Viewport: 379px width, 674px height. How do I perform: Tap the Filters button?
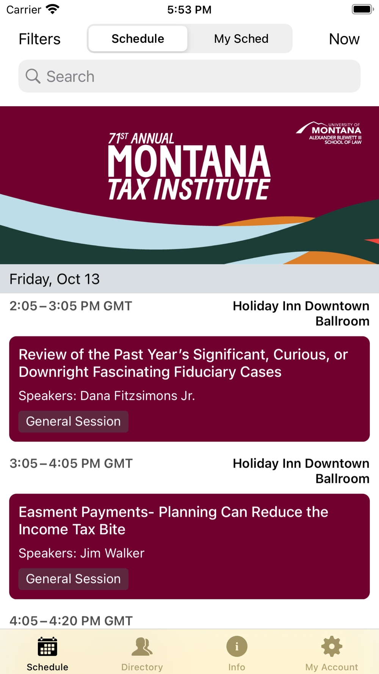coord(39,39)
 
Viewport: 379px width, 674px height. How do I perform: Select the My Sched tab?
coord(241,39)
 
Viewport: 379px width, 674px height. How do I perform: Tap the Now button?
coord(344,39)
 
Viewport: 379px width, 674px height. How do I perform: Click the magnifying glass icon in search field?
coord(33,76)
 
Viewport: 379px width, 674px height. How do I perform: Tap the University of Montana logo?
coord(329,133)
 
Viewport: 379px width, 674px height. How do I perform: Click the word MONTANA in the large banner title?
coord(189,161)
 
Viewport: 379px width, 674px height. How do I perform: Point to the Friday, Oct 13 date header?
coord(55,279)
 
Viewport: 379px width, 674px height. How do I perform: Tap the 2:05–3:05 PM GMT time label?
coord(71,306)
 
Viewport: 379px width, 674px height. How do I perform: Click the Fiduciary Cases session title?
coord(183,363)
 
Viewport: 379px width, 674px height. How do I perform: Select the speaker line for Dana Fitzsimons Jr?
coord(107,396)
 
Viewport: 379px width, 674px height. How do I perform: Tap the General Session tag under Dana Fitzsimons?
coord(74,422)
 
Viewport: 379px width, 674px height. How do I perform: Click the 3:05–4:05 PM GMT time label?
coord(71,463)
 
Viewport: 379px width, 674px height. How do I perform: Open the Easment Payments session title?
coord(174,520)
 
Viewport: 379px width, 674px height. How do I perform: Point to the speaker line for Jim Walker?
coord(81,553)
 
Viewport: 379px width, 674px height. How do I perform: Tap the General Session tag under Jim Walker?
coord(74,579)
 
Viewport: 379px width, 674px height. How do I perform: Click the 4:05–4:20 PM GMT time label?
coord(71,621)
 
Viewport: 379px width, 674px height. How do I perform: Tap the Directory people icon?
coord(142,646)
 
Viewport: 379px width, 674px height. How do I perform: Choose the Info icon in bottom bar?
coord(237,646)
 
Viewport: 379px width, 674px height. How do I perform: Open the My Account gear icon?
coord(332,646)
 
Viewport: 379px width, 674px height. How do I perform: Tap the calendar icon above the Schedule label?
coord(47,646)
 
